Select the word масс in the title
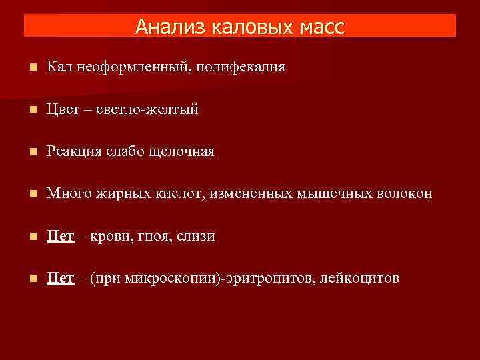tap(319, 27)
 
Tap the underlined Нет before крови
tap(60, 236)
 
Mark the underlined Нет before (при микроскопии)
tap(60, 278)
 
